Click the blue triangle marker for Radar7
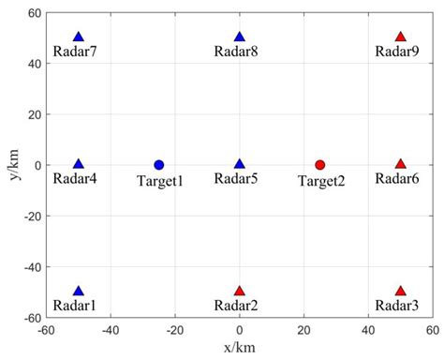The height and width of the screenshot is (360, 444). tap(79, 37)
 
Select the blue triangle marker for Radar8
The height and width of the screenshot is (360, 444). tap(240, 37)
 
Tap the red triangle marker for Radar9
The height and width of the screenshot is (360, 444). tap(401, 37)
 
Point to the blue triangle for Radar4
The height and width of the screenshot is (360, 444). tap(79, 164)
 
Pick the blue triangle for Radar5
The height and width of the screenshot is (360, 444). tap(240, 164)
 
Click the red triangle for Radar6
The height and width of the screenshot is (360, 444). tap(401, 164)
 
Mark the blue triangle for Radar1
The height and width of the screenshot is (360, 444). tap(79, 291)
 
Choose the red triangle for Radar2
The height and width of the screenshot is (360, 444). tap(240, 291)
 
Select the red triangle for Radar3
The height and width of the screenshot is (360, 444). tap(401, 291)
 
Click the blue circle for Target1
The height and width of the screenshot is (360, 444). tap(159, 165)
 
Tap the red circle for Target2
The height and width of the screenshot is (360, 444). tap(320, 165)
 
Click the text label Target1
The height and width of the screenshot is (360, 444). tap(160, 181)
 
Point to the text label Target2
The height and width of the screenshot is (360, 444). tap(321, 181)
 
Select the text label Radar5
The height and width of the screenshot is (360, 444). tap(239, 179)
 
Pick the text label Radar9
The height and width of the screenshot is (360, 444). tap(397, 52)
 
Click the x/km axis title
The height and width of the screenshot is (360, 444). tap(239, 349)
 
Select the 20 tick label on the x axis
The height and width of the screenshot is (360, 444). tap(303, 330)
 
